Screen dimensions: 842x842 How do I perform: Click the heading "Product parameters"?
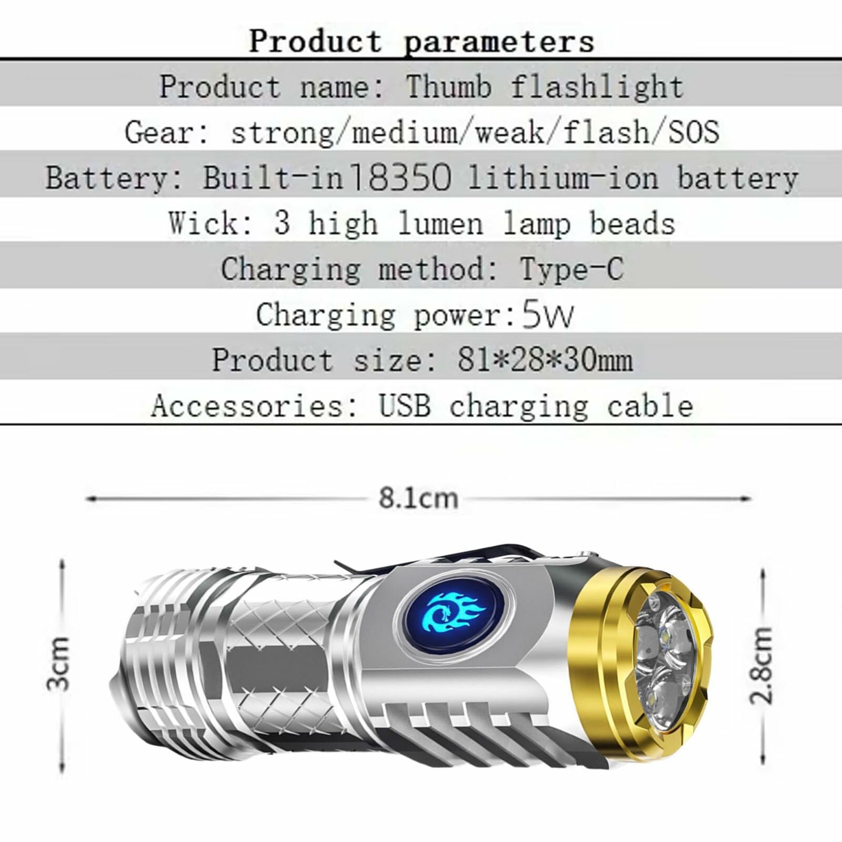tap(422, 41)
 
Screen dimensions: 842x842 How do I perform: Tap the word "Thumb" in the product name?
tap(448, 87)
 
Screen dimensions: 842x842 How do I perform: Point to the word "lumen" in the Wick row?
tap(440, 224)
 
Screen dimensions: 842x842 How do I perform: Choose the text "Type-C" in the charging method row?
tap(572, 269)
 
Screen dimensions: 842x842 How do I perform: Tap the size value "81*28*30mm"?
tap(545, 360)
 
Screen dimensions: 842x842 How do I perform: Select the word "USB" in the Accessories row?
tap(404, 406)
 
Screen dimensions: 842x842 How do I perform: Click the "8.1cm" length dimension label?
tap(418, 498)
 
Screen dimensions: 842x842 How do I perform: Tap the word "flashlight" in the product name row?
tap(598, 87)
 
